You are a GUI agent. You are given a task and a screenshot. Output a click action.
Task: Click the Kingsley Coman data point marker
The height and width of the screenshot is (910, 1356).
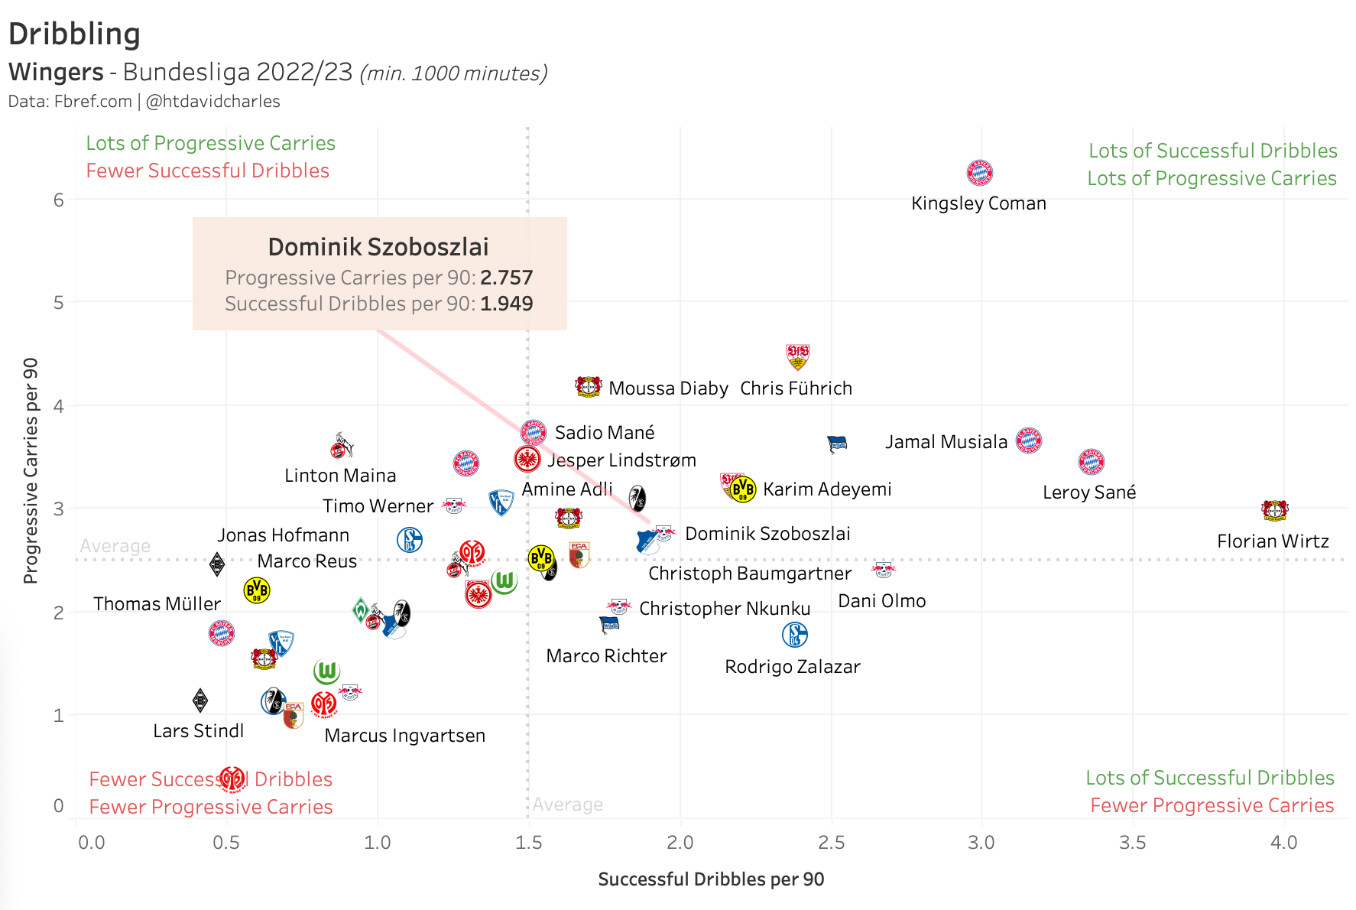[x=979, y=173]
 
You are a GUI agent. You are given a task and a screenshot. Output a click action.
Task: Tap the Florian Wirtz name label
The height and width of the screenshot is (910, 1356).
[x=1273, y=541]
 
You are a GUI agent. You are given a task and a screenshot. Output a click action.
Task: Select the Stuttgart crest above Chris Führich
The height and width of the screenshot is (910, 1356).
[x=797, y=356]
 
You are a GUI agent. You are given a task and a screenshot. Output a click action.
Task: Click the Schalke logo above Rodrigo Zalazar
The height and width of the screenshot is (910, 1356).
[x=795, y=635]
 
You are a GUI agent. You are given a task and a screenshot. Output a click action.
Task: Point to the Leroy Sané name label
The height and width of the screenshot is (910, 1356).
[x=1089, y=492]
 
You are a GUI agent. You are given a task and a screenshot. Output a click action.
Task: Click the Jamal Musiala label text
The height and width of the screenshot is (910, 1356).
[x=946, y=442]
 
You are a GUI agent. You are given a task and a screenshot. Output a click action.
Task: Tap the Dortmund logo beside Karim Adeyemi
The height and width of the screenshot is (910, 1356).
[x=742, y=489]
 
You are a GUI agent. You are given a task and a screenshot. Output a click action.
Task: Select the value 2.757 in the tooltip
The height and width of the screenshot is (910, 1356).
[x=506, y=278]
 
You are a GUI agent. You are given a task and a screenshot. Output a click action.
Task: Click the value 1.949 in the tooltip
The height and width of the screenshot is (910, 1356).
[x=506, y=304]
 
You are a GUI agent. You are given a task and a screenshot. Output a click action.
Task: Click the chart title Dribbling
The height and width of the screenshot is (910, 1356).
[x=74, y=34]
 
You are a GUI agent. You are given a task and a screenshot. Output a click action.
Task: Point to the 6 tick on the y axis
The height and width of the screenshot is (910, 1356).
[x=59, y=200]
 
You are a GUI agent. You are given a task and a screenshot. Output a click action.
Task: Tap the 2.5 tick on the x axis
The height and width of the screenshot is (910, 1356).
[x=831, y=843]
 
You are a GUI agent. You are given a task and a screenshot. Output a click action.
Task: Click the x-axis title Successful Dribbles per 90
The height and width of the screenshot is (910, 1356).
[x=711, y=879]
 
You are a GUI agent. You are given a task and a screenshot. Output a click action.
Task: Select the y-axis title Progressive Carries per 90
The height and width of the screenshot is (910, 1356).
[x=31, y=470]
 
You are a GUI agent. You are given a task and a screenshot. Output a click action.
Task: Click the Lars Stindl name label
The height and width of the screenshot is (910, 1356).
[x=198, y=731]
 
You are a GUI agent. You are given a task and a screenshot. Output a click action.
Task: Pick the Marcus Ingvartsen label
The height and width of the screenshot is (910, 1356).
[x=404, y=736]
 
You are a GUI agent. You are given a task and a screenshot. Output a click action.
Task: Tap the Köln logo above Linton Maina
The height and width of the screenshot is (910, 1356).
[x=341, y=446]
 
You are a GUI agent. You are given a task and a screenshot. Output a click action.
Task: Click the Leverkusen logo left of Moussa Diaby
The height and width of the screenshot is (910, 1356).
[x=588, y=387]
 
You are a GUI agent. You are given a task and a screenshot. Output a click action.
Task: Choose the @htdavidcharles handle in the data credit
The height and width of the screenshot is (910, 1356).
[x=213, y=102]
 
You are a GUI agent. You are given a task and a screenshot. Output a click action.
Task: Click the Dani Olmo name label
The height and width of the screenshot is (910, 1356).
[x=881, y=601]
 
